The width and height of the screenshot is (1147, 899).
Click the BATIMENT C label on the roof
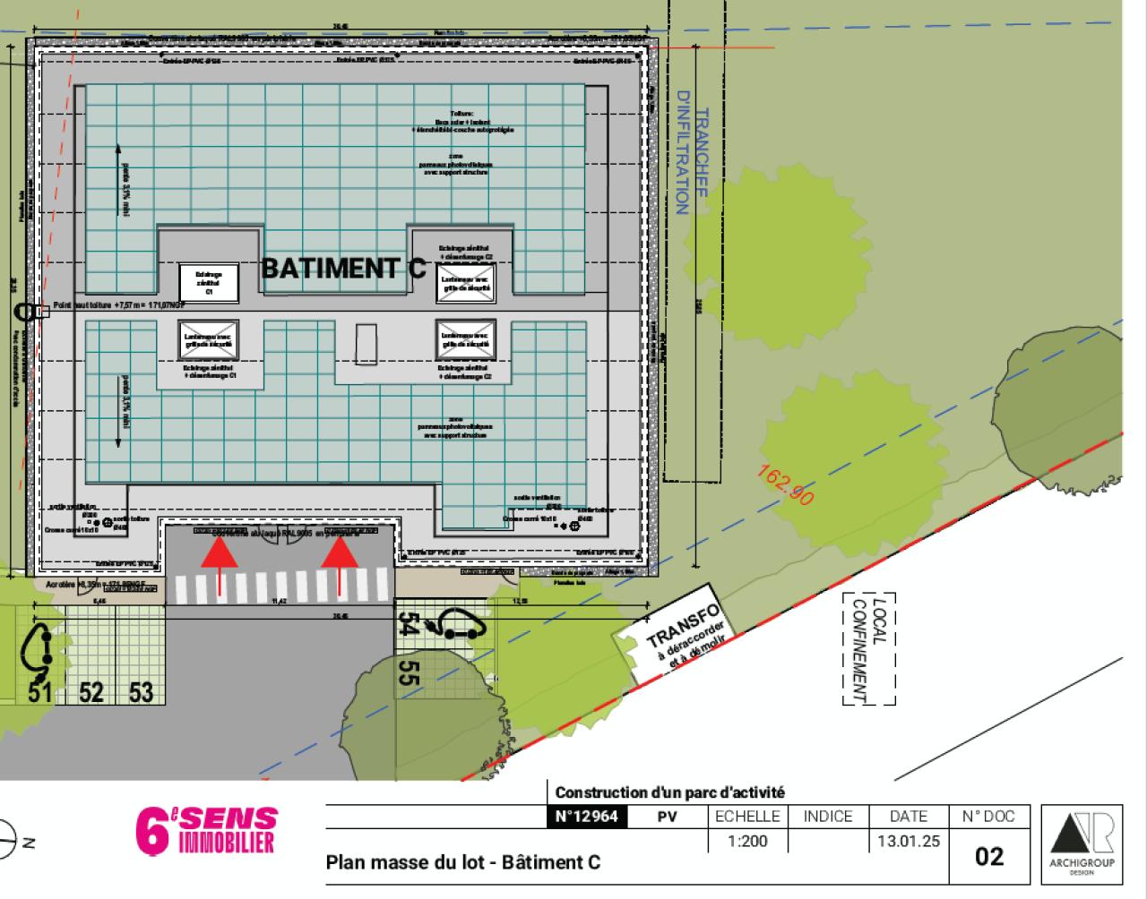click(x=343, y=268)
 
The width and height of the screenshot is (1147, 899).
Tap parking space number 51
click(x=39, y=691)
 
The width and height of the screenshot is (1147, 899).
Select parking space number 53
click(x=141, y=691)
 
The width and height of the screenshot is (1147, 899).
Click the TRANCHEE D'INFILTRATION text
click(x=692, y=152)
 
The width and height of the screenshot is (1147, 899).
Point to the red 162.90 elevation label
click(x=786, y=484)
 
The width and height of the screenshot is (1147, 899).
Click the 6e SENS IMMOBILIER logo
click(x=206, y=831)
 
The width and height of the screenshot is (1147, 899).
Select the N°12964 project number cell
click(x=587, y=817)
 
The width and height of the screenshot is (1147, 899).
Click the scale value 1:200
click(x=748, y=842)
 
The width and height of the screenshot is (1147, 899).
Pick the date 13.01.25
click(x=908, y=842)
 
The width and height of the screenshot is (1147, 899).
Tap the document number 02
click(x=988, y=856)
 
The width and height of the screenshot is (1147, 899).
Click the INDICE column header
click(x=827, y=817)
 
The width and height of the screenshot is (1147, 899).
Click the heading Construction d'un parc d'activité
click(x=669, y=792)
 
